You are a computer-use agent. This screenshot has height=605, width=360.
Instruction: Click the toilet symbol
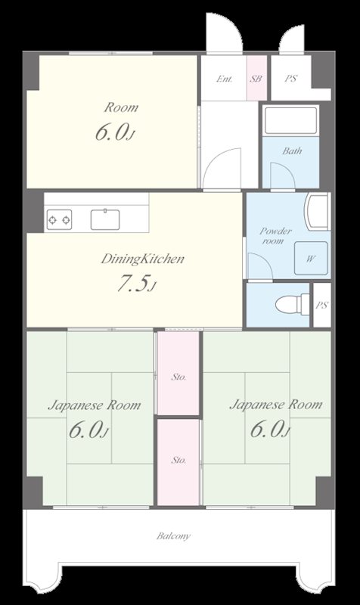(x=293, y=305)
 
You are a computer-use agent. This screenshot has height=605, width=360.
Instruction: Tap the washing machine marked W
(x=311, y=258)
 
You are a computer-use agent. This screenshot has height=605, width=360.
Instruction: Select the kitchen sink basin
(x=105, y=219)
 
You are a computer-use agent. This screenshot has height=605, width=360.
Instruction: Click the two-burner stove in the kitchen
(x=60, y=219)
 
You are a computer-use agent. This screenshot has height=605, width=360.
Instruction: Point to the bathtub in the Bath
(x=291, y=120)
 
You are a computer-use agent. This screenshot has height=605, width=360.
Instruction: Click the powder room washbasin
(x=317, y=211)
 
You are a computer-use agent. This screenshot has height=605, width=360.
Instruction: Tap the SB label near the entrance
(x=256, y=79)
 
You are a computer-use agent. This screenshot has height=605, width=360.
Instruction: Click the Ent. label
(x=225, y=79)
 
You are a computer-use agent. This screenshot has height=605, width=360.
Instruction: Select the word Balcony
(x=173, y=536)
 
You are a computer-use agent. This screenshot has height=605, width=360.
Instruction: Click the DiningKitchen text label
(x=142, y=259)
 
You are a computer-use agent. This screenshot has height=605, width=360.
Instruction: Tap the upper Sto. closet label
(x=178, y=377)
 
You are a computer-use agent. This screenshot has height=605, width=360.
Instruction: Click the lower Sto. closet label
(x=178, y=460)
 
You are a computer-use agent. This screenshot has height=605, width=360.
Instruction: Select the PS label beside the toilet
(x=321, y=306)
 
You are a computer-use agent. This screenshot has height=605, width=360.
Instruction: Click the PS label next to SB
(x=291, y=79)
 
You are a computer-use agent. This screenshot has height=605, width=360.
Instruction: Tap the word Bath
(x=292, y=150)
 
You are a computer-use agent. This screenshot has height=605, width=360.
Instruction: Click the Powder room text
(x=275, y=236)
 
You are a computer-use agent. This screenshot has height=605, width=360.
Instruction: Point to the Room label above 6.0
(x=121, y=107)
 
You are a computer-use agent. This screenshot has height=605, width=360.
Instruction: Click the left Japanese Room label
(x=94, y=405)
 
